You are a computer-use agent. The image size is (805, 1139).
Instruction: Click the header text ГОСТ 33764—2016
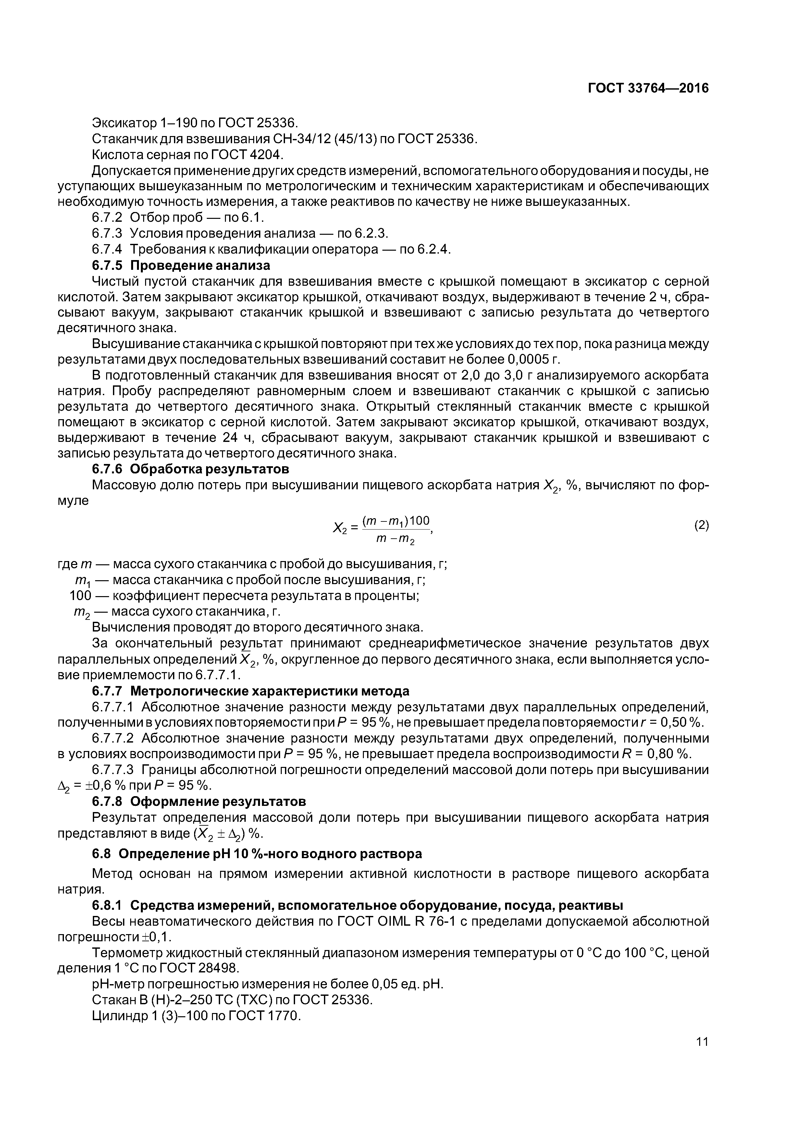click(648, 88)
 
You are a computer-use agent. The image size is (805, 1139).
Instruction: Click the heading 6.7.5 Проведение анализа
click(181, 265)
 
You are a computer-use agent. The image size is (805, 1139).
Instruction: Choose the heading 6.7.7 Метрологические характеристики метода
click(251, 691)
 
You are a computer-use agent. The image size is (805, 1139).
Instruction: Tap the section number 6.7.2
click(107, 218)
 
